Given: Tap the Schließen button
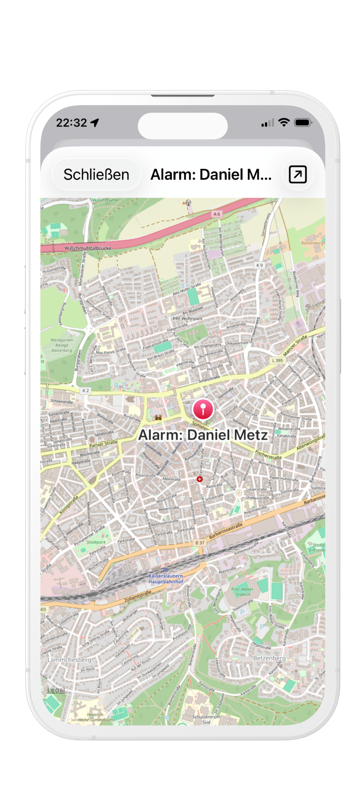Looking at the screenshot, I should pyautogui.click(x=96, y=175).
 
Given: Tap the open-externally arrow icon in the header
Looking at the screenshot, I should pyautogui.click(x=297, y=175).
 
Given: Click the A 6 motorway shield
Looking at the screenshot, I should pyautogui.click(x=217, y=214).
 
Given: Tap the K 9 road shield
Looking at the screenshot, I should pyautogui.click(x=260, y=265).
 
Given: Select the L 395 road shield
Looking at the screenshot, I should pyautogui.click(x=278, y=360).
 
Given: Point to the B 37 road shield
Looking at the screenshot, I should pyautogui.click(x=200, y=542).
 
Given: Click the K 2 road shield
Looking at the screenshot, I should pyautogui.click(x=85, y=390).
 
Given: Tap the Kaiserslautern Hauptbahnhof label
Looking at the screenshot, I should pyautogui.click(x=166, y=579).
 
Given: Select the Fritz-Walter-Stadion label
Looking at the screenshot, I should pyautogui.click(x=243, y=592).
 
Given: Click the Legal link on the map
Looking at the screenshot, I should pyautogui.click(x=56, y=690).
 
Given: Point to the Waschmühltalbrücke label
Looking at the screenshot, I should pyautogui.click(x=88, y=248).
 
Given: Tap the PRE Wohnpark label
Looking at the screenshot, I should pyautogui.click(x=188, y=318).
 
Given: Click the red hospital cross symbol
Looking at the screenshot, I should pyautogui.click(x=200, y=479).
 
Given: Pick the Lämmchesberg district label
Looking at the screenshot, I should pyautogui.click(x=69, y=660).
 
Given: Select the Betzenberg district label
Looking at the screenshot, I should pyautogui.click(x=269, y=658).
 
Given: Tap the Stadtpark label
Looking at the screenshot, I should pyautogui.click(x=96, y=542).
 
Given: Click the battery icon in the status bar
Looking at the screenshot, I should pyautogui.click(x=303, y=123).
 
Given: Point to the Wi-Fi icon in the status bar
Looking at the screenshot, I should pyautogui.click(x=284, y=122).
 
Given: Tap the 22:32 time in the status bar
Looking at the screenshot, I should pyautogui.click(x=72, y=123).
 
